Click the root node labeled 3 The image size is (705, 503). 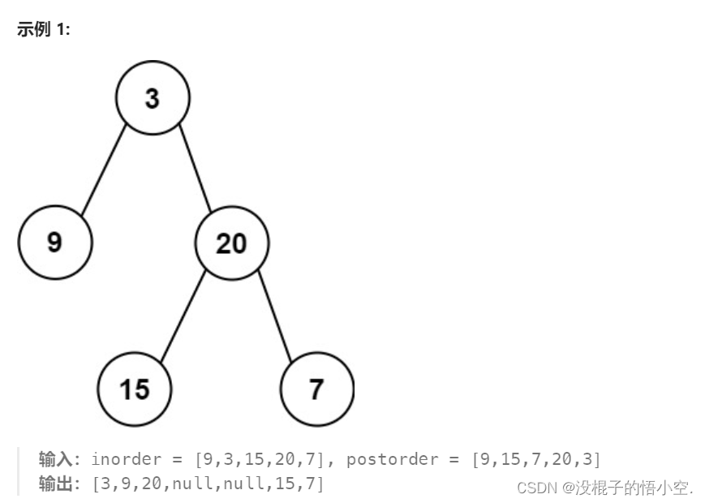click(153, 98)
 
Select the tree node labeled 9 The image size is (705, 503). click(55, 243)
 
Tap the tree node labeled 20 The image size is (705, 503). click(232, 243)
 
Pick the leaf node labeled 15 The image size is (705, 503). click(135, 389)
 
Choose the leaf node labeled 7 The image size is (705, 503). click(316, 389)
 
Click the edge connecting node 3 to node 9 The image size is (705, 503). click(104, 170)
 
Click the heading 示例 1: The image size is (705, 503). click(44, 30)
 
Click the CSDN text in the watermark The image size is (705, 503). click(536, 488)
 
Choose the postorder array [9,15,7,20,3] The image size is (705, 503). click(536, 459)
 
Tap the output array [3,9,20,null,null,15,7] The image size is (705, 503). click(208, 484)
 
